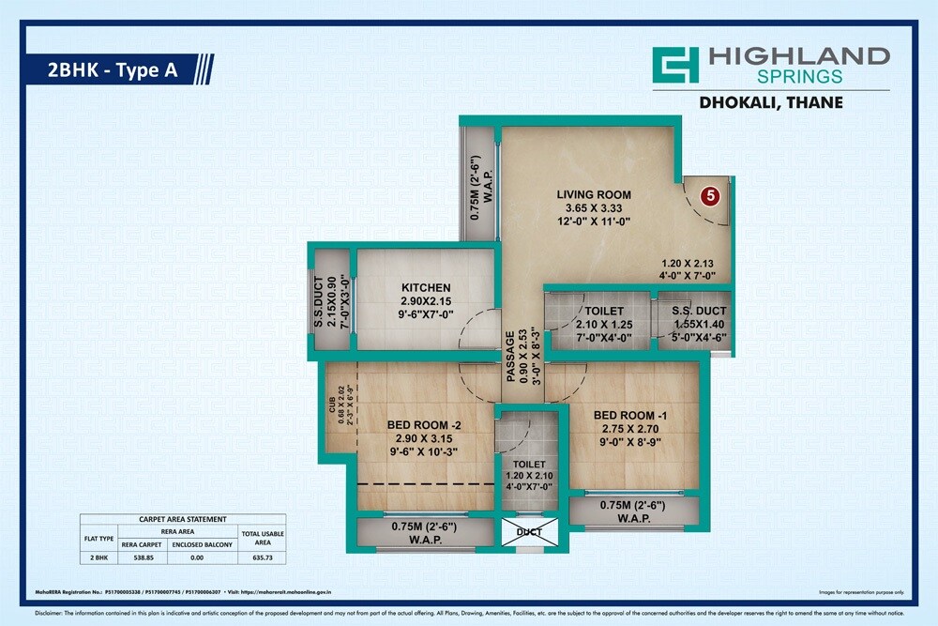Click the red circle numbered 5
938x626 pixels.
coord(710,196)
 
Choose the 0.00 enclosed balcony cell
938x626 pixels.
coord(195,557)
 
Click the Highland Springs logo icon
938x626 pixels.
coord(676,65)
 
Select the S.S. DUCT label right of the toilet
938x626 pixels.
coord(692,311)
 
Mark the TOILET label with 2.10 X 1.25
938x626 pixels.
coord(597,311)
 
